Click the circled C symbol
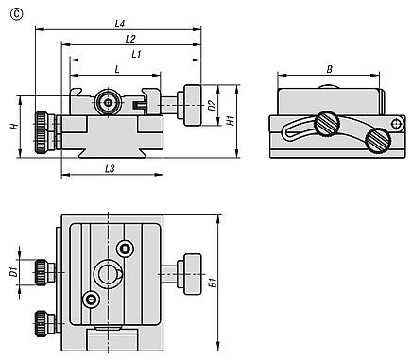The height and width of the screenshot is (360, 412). (x=16, y=14)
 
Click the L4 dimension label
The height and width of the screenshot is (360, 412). (x=120, y=24)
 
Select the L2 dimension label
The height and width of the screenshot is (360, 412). (x=130, y=39)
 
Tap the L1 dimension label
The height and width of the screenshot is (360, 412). (x=136, y=54)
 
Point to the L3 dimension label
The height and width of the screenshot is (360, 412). (x=110, y=169)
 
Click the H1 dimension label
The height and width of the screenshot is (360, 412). (x=232, y=120)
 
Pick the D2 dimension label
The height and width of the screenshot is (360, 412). (x=213, y=106)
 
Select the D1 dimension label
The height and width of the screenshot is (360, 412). (x=13, y=271)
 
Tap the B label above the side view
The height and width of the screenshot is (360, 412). (x=329, y=69)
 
